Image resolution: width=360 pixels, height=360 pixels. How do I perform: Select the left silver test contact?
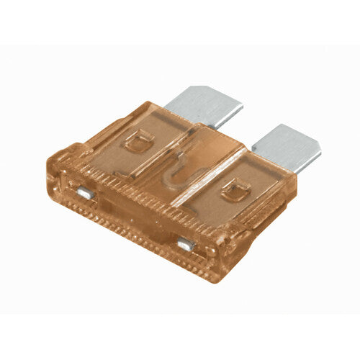(x=84, y=192)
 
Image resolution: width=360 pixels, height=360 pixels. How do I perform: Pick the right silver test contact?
(x=186, y=245)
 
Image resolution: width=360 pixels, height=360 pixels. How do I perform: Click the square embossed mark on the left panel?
(x=135, y=143)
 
